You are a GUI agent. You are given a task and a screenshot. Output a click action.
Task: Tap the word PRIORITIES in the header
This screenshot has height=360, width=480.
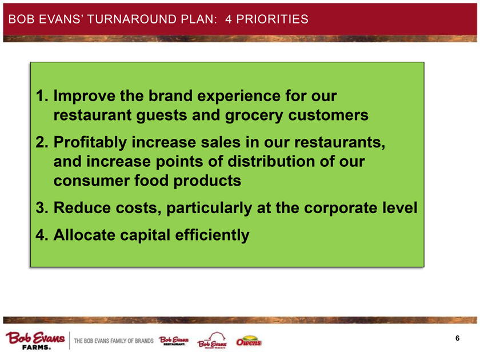click(272, 19)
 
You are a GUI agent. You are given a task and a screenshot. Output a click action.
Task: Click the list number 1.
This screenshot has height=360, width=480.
click(42, 96)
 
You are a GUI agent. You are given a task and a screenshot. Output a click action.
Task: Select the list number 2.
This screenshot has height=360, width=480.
click(42, 142)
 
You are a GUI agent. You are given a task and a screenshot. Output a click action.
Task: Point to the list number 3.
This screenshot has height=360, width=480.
click(42, 208)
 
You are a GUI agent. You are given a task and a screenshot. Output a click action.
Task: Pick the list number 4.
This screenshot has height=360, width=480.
click(42, 235)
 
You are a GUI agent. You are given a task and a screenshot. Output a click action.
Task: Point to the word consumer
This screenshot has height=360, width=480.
click(91, 181)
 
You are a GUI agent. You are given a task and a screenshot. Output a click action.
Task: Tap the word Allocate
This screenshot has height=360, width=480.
click(84, 235)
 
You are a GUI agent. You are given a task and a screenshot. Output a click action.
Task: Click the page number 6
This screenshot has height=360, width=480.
click(457, 338)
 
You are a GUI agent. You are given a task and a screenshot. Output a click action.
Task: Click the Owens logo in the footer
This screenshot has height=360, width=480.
click(249, 341)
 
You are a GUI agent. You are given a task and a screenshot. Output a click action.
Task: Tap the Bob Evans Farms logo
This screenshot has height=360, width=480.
click(35, 341)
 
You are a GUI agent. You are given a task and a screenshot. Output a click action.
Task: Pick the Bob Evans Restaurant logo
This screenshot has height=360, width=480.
click(174, 341)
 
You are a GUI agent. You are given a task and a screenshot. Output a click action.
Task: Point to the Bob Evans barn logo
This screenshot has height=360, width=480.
click(212, 341)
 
